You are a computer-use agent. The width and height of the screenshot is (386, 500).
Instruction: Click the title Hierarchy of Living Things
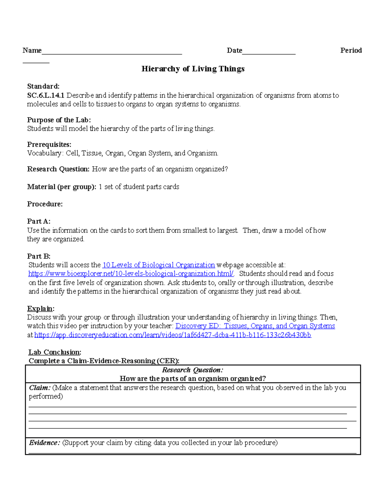pos(193,69)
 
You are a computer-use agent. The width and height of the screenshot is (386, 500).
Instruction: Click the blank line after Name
pos(112,52)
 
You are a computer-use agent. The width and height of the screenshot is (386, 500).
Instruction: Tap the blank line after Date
pos(269,52)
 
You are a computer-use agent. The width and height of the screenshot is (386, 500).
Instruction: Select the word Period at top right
pos(351,51)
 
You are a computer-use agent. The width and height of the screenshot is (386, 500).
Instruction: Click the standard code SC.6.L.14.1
pos(46,96)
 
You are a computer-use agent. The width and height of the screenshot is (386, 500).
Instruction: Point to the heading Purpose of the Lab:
pos(59,120)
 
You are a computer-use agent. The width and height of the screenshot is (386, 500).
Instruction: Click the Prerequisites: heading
pos(49,144)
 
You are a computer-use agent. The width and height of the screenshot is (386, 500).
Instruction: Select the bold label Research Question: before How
pos(58,169)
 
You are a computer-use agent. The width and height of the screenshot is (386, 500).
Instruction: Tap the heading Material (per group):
pos(61,187)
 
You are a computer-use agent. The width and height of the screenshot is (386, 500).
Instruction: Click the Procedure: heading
pos(45,204)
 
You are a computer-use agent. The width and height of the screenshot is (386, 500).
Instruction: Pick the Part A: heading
pos(39,222)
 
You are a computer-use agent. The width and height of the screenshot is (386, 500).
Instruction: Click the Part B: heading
pos(39,256)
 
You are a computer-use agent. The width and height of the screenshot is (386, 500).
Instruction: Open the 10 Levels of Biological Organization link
pos(158,265)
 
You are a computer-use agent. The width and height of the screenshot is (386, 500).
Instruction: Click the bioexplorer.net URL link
pos(131,274)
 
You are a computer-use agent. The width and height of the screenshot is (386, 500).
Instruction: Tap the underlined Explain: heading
pos(41,309)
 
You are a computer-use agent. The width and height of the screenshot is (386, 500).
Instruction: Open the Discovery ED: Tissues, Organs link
pos(255,326)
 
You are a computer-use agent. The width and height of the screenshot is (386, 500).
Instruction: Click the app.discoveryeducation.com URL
pos(172,335)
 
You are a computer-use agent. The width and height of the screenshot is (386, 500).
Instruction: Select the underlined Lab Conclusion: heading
pos(55,352)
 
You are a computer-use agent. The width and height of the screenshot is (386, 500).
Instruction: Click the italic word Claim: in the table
pos(40,388)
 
